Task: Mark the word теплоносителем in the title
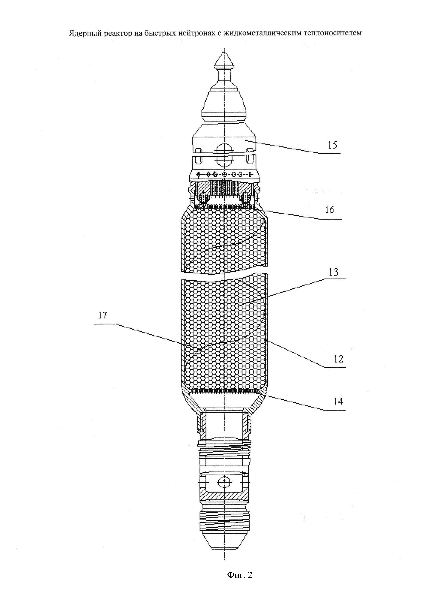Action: [336, 33]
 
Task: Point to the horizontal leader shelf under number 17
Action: [104, 324]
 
